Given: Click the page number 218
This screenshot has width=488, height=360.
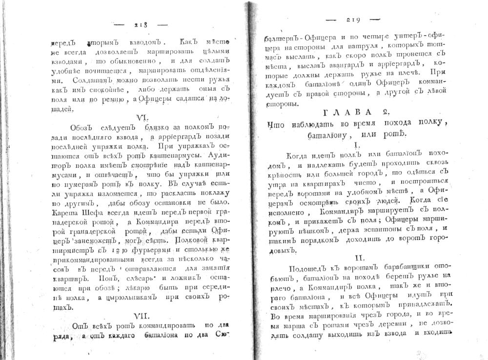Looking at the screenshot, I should (x=140, y=24).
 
